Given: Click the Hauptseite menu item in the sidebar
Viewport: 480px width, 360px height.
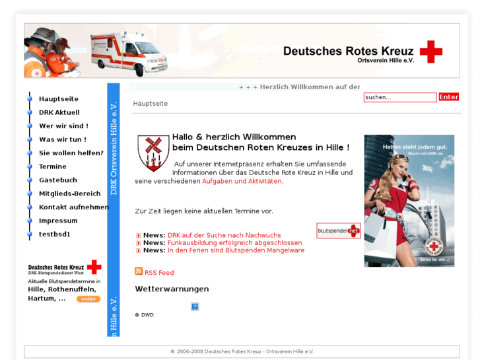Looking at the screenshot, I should [x=58, y=99].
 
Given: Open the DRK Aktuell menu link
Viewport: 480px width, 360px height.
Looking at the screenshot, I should [x=59, y=112].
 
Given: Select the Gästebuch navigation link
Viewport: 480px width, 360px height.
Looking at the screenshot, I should [x=57, y=180].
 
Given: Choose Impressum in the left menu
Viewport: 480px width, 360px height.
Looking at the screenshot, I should [x=58, y=221].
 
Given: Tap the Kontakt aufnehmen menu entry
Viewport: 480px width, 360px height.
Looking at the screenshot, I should [x=73, y=207].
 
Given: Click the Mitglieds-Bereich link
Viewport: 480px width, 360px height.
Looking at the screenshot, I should [x=69, y=194].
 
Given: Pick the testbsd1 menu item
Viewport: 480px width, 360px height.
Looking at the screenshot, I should [x=54, y=234].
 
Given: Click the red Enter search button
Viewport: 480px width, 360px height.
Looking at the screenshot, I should [x=448, y=97].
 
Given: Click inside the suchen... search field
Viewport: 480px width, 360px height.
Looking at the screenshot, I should [x=399, y=97].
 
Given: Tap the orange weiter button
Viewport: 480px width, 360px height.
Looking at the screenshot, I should [x=88, y=299].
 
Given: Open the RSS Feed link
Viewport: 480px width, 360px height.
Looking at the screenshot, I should [x=159, y=273].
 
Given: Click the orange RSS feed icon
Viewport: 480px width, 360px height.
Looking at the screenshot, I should [x=139, y=271].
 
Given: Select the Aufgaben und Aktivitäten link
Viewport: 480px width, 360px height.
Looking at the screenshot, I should [x=242, y=181].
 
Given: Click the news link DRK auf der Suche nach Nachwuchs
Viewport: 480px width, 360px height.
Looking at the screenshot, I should [x=224, y=235].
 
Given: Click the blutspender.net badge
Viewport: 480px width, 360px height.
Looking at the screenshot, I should [x=338, y=231].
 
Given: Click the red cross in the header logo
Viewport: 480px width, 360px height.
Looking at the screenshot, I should [x=430, y=52].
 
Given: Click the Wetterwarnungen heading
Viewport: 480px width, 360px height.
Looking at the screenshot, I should [x=172, y=289].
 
